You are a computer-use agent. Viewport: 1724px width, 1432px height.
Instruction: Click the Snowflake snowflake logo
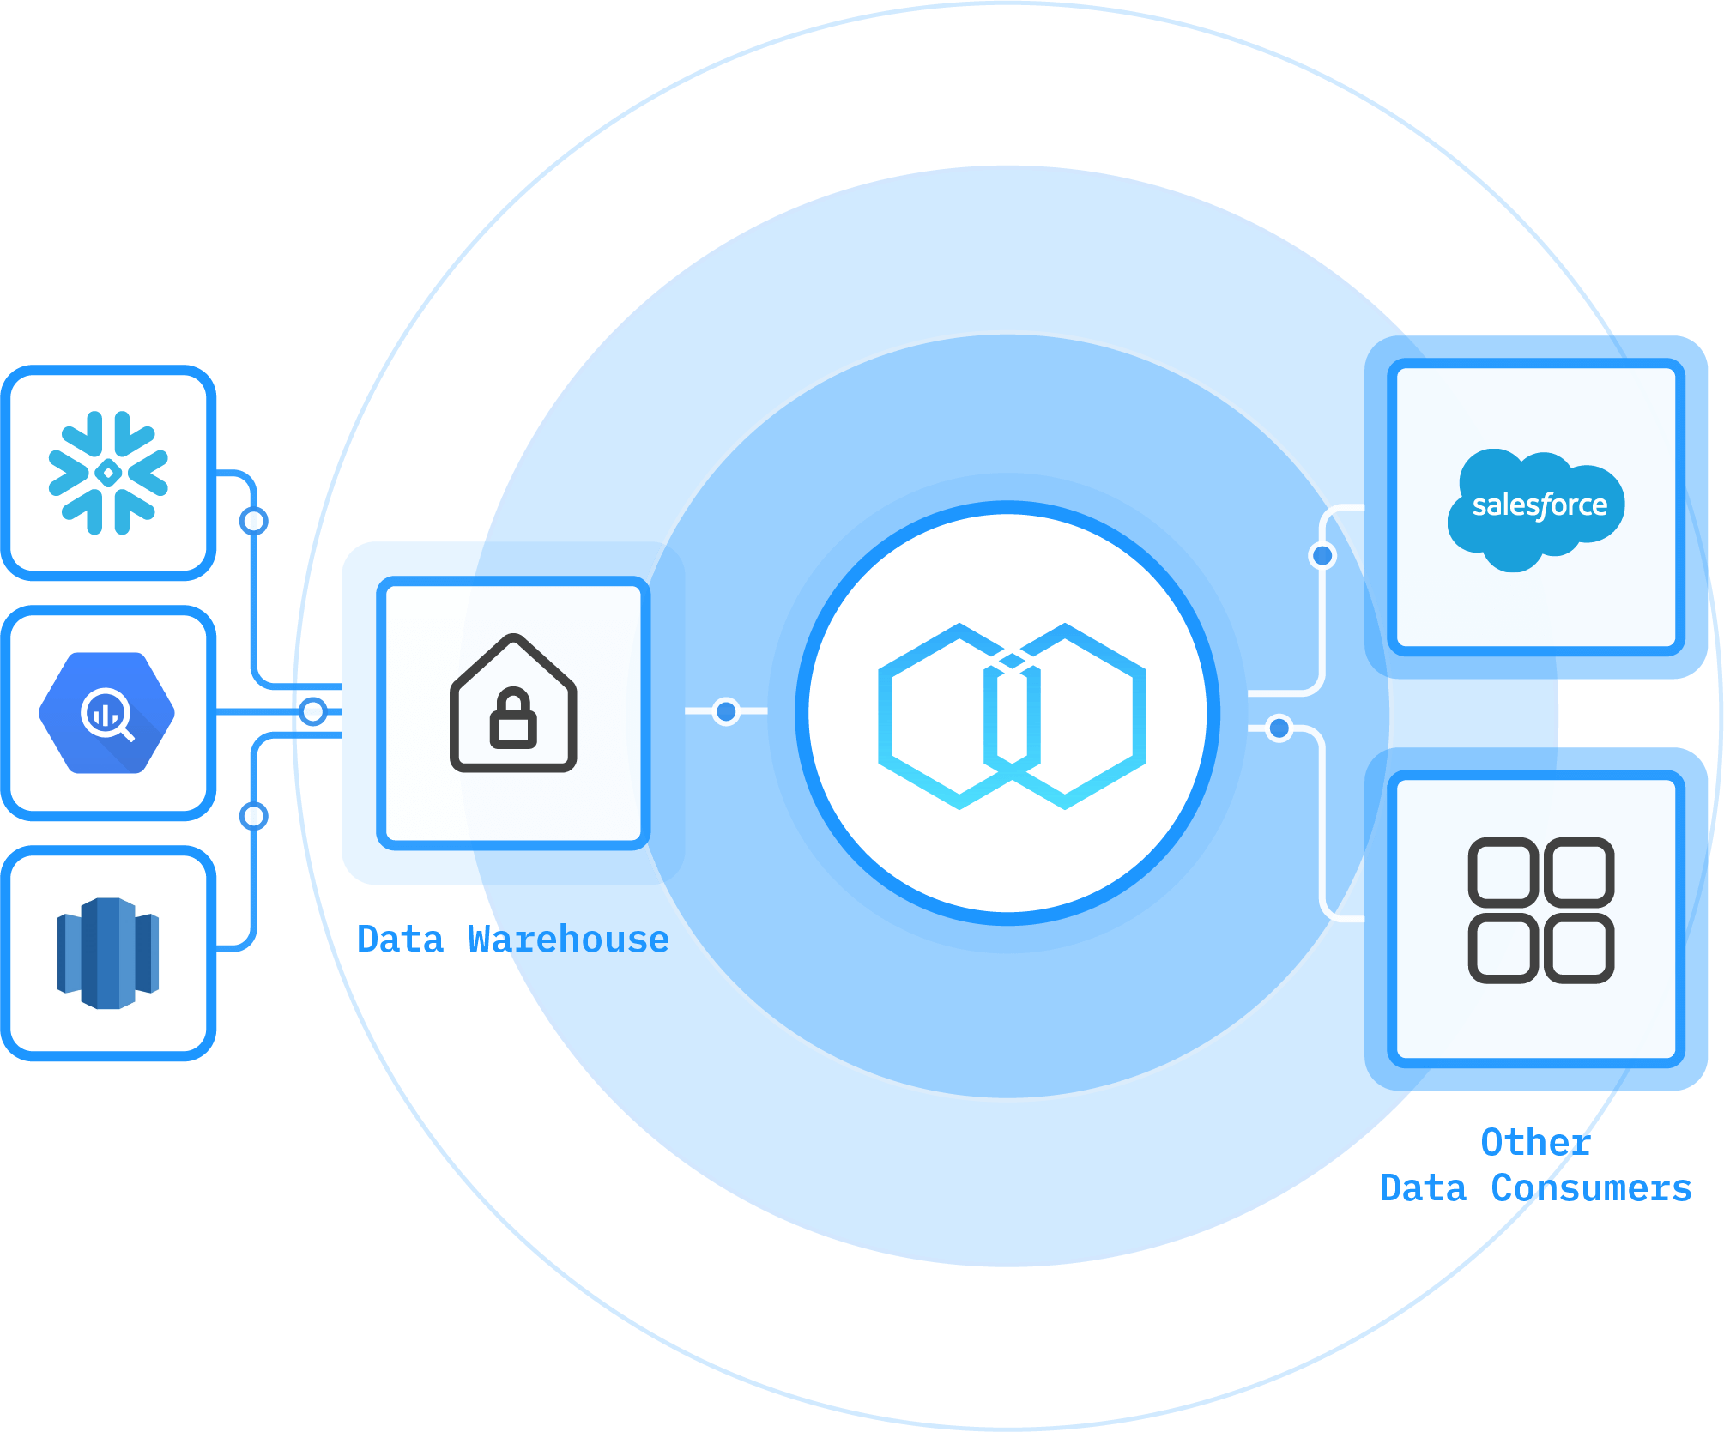coord(108,473)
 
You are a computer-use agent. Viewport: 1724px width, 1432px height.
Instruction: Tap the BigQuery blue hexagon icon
coord(106,712)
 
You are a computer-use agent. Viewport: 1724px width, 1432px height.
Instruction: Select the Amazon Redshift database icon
coord(108,952)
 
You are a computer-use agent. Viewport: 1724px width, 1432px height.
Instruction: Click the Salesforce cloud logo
coord(1536,508)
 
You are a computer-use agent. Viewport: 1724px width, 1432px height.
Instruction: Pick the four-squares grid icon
coord(1540,910)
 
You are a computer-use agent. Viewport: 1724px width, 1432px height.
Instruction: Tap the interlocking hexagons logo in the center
coord(1011,716)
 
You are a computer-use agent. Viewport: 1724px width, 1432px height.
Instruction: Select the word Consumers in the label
coord(1591,1188)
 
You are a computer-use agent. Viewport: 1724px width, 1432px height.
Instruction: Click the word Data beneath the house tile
coord(400,940)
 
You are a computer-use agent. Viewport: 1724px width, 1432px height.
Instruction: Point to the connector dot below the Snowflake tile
coord(254,521)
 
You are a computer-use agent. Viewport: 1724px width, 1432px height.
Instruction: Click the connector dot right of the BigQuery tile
coord(314,711)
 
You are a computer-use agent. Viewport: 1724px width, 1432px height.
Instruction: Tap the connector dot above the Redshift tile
coord(254,815)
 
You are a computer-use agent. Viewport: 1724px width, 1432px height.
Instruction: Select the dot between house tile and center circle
coord(727,711)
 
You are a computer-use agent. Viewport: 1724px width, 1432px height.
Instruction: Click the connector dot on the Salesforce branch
coord(1322,556)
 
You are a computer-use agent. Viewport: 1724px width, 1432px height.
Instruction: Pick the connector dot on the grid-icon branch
coord(1279,729)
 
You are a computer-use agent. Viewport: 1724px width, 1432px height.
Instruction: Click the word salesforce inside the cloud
coord(1540,505)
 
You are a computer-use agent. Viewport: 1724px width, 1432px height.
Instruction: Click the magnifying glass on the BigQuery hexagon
coord(108,716)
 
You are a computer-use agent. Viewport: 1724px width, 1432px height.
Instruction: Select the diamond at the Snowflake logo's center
coord(108,473)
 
